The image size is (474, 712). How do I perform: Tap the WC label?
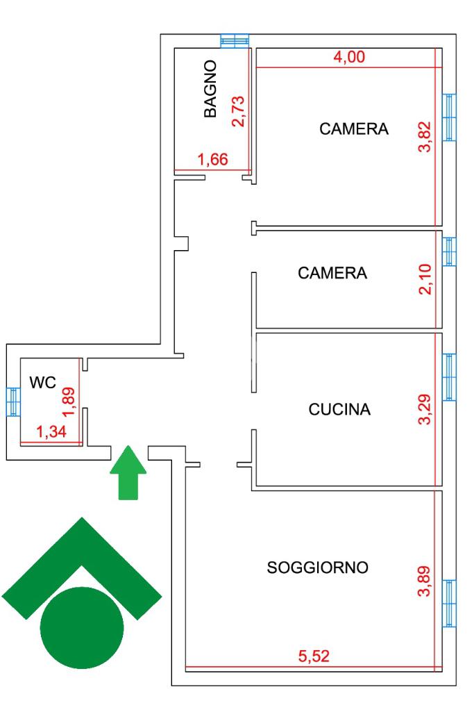42,382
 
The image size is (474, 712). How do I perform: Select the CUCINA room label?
339,410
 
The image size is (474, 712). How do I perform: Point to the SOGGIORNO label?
318,568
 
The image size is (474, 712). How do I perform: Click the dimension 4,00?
349,58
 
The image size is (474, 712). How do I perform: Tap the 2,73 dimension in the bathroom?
238,111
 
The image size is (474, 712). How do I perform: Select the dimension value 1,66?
213,160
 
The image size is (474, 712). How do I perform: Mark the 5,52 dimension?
314,657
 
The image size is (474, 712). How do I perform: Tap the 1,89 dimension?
67,401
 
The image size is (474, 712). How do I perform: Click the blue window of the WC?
12,401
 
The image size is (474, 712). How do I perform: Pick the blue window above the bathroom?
235,41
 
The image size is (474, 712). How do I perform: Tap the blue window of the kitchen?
450,378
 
